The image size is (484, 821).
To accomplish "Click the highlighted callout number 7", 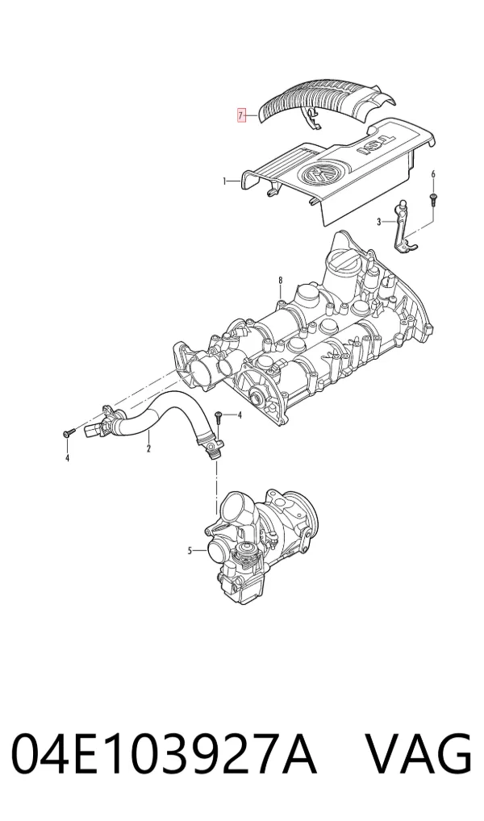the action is click(x=241, y=115).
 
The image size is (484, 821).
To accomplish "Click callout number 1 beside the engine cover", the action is click(x=224, y=181).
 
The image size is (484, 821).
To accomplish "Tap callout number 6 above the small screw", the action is click(x=433, y=174).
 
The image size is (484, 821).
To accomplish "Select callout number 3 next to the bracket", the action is click(x=378, y=222).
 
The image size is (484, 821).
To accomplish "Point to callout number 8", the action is click(x=280, y=281).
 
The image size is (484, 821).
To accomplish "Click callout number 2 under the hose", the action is click(x=148, y=448).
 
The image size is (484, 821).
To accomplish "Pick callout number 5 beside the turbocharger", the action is click(x=190, y=550).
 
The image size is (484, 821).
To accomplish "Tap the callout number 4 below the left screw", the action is click(x=67, y=459).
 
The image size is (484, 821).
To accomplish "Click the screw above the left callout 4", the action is click(x=69, y=433).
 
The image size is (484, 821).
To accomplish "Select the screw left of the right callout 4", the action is click(x=219, y=418).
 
